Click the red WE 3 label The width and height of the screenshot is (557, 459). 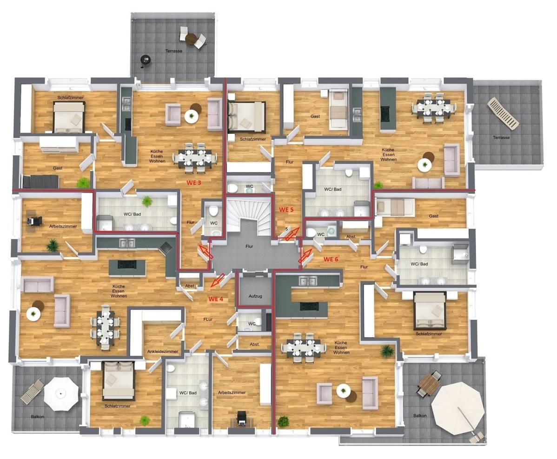pyautogui.click(x=194, y=183)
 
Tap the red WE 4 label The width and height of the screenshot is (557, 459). pyautogui.click(x=216, y=299)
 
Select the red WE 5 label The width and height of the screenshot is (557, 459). pyautogui.click(x=286, y=210)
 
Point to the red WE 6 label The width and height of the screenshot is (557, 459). pyautogui.click(x=331, y=259)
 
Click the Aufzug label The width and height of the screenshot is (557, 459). pyautogui.click(x=254, y=296)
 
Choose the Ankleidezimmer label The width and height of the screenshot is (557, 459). pyautogui.click(x=162, y=352)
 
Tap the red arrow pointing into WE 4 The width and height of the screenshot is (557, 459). pyautogui.click(x=217, y=280)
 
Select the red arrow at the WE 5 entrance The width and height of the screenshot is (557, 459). pyautogui.click(x=289, y=235)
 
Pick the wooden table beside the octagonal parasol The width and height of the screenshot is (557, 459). pyautogui.click(x=429, y=384)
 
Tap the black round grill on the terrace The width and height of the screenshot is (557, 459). pyautogui.click(x=146, y=59)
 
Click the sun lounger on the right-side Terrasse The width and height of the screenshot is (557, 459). pyautogui.click(x=503, y=113)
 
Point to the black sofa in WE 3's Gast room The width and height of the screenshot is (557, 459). pyautogui.click(x=41, y=181)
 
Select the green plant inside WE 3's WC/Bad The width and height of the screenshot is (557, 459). pyautogui.click(x=147, y=201)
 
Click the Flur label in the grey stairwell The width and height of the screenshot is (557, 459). pyautogui.click(x=249, y=246)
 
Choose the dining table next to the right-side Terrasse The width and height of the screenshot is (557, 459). pyautogui.click(x=434, y=108)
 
